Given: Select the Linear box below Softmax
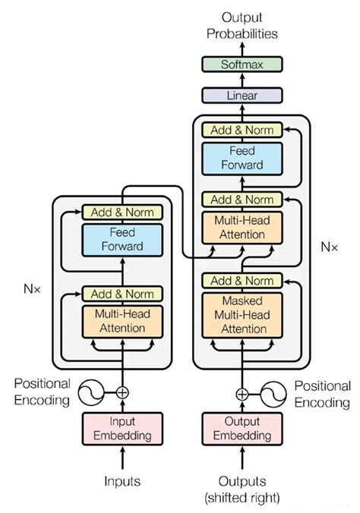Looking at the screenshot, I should tap(242, 96).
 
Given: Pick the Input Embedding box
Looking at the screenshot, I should tap(122, 429).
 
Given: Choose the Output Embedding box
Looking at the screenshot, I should tap(242, 429).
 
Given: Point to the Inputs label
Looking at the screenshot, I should tap(122, 480).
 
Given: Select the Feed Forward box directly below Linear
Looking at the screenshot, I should tap(242, 158).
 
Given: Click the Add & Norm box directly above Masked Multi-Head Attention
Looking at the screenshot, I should tap(242, 282).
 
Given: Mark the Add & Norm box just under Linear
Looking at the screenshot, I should tap(242, 130).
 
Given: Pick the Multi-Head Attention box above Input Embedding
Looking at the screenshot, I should tap(122, 322).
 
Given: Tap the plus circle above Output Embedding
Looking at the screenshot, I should tap(242, 394).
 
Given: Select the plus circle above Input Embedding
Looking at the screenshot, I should tap(122, 393).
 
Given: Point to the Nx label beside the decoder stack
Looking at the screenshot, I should tap(329, 247).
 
